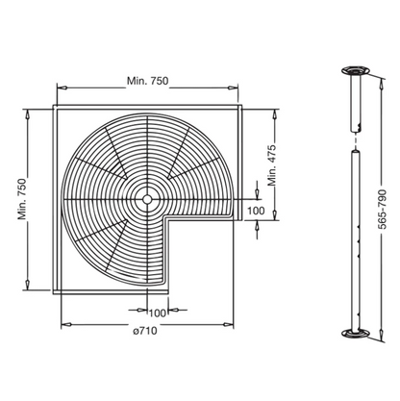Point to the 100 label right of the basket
[x=256, y=209]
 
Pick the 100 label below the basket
[x=156, y=312]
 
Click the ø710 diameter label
[x=146, y=332]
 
